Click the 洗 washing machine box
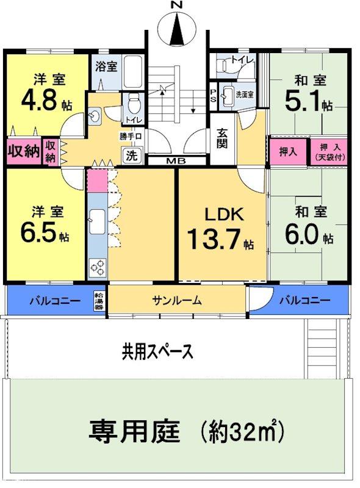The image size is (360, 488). [x=132, y=155]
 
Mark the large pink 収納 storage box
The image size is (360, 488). [x=23, y=151]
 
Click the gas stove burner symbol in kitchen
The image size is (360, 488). [x=98, y=267]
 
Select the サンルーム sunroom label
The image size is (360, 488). [x=177, y=300]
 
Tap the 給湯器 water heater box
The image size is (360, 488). [x=99, y=300]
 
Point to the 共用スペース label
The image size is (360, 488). [x=157, y=351]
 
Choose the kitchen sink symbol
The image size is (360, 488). [x=96, y=219]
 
